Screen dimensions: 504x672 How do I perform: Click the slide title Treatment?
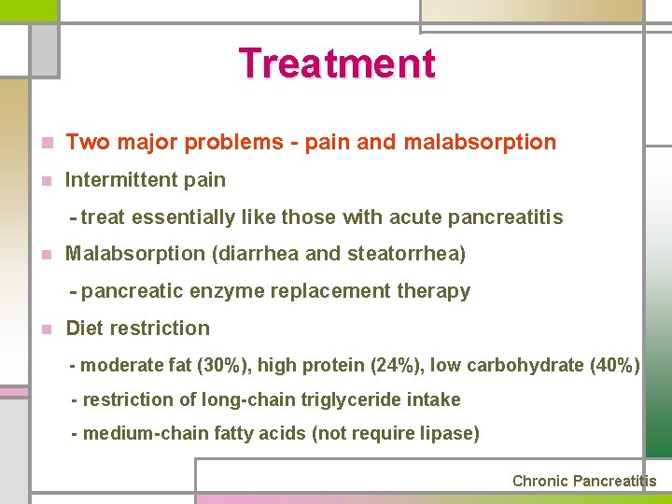point(337,63)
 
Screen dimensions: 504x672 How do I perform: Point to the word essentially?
point(183,217)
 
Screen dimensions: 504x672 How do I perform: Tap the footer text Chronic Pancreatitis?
point(584,482)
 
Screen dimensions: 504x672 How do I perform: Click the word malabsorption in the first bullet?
point(480,143)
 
